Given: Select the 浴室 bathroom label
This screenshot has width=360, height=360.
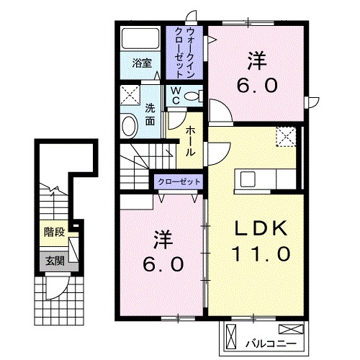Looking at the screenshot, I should point(141,63).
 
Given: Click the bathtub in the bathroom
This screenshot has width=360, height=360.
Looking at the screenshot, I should point(140,40).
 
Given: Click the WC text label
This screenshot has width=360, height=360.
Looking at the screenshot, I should point(175,96).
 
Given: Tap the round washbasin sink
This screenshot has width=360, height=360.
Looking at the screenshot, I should point(129,127).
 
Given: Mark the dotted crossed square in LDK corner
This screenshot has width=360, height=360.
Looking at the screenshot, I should point(286,135).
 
